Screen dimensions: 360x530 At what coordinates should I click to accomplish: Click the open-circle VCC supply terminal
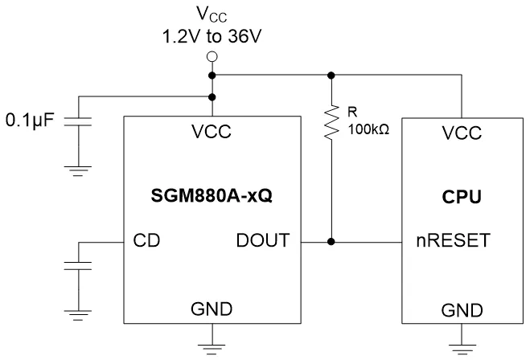click(x=212, y=57)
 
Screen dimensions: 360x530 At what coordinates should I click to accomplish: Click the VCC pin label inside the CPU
click(x=462, y=133)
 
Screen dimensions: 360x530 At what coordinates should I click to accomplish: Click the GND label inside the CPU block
click(x=462, y=309)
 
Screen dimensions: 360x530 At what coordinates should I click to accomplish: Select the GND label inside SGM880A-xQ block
click(x=212, y=309)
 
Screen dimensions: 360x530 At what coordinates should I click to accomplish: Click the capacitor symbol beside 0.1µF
click(x=79, y=122)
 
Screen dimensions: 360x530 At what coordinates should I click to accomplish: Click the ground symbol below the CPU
click(x=462, y=347)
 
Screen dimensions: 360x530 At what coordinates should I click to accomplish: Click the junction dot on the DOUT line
click(x=331, y=239)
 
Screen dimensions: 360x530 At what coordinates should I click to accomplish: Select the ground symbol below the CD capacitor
click(x=79, y=313)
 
